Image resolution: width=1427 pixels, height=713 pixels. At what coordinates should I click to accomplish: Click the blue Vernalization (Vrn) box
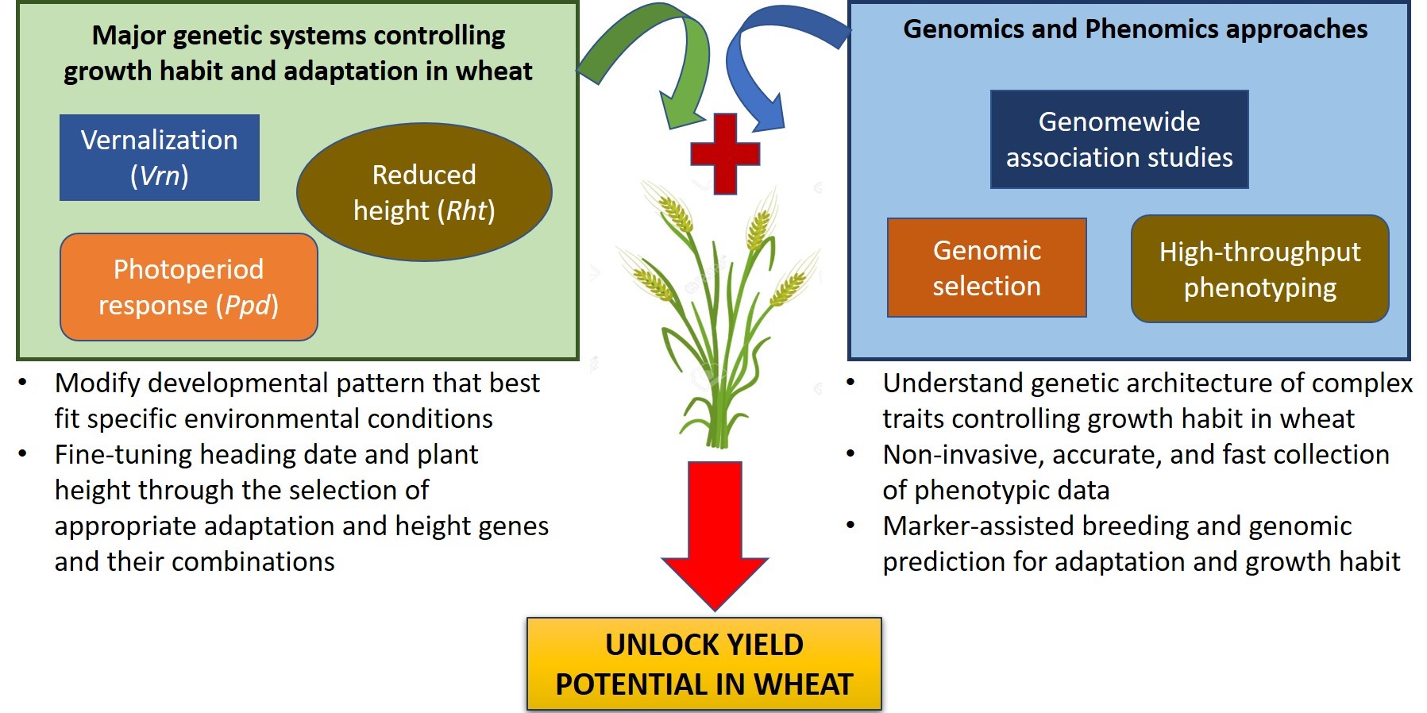[159, 157]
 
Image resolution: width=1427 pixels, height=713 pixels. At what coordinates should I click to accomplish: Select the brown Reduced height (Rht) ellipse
[424, 192]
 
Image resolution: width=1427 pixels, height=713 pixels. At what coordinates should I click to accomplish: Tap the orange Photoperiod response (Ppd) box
[188, 287]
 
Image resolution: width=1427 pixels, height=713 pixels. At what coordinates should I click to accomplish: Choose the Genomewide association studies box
[1119, 139]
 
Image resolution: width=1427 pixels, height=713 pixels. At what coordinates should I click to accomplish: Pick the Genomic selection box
[986, 268]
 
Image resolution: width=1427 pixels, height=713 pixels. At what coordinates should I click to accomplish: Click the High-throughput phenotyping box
[1259, 269]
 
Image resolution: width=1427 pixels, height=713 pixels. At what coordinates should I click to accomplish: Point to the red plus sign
[725, 154]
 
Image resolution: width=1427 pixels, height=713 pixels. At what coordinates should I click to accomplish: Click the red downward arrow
[715, 532]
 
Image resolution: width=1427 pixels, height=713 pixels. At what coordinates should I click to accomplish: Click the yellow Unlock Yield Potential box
[704, 664]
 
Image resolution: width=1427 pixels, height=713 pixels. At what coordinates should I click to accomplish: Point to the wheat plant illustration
[719, 318]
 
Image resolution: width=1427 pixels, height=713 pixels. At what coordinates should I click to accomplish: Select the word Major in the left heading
[128, 36]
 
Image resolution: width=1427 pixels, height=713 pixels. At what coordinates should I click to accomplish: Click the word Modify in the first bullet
[98, 383]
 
